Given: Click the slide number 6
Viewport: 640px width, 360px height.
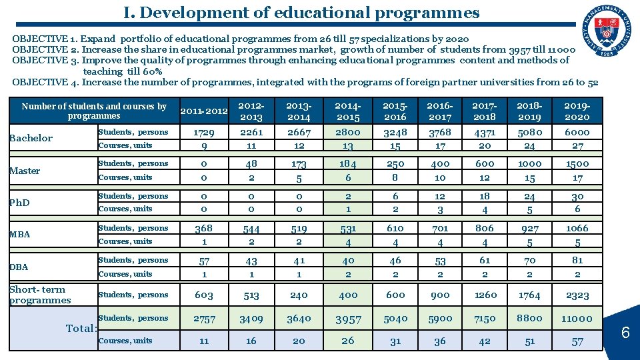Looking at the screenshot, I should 625,331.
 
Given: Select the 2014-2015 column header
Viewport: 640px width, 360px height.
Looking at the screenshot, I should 348,111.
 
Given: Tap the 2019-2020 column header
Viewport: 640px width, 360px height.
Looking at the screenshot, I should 577,111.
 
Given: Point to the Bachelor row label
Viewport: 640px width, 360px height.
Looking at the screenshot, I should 31,138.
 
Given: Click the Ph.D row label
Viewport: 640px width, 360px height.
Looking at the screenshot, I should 19,203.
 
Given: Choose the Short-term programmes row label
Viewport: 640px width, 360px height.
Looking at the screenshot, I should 40,295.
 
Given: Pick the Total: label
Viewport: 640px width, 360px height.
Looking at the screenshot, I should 82,328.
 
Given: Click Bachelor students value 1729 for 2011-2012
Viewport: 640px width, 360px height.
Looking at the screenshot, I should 204,133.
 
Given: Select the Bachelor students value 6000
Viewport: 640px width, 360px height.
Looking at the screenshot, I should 577,133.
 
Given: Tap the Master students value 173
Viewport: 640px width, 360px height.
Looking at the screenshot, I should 299,164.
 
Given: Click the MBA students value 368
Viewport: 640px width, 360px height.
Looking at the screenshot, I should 204,229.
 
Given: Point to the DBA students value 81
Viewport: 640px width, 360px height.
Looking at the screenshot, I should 577,260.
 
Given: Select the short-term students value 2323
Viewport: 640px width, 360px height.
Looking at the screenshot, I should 577,295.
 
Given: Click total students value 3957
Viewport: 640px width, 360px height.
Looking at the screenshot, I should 348,319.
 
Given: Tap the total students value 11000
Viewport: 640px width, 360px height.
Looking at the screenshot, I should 577,319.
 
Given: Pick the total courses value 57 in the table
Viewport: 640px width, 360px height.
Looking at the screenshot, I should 577,341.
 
